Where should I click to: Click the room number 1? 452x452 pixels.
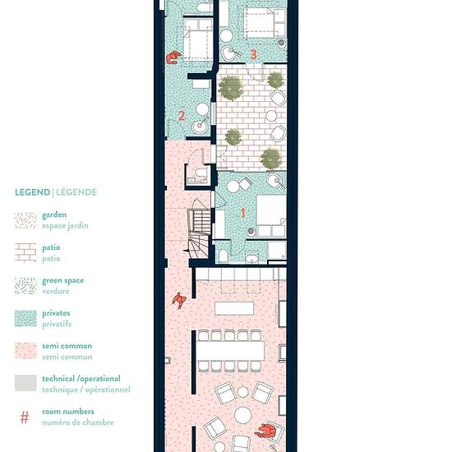(243, 213)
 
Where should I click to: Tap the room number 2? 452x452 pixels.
(182, 116)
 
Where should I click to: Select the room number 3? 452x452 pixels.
(253, 54)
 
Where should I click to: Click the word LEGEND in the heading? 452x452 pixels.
(32, 192)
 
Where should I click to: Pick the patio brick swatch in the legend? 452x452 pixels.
(25, 253)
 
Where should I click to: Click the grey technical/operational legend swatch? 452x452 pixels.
(25, 383)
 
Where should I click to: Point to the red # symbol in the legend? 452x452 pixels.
(25, 417)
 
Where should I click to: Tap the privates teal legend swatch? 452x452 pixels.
(25, 319)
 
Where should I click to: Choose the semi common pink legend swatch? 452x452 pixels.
(25, 351)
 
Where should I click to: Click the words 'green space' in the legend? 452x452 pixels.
(62, 281)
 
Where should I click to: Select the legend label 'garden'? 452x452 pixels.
(54, 215)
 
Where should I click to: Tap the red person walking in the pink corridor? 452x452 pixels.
(179, 300)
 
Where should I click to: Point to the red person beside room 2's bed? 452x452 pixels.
(173, 57)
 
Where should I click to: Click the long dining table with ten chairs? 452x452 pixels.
(230, 351)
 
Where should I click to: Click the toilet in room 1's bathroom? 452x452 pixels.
(223, 256)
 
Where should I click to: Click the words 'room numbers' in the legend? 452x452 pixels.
(68, 412)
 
